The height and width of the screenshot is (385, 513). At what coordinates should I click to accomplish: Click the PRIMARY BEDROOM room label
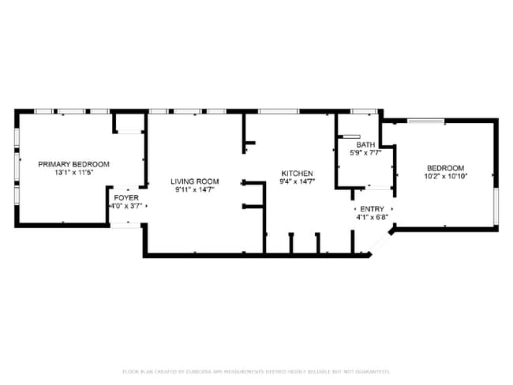click(73, 164)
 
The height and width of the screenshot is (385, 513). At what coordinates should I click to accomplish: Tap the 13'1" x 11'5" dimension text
click(73, 173)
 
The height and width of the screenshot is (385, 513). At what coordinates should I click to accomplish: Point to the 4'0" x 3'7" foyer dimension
click(126, 206)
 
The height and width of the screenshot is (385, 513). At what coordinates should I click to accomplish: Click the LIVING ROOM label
click(194, 181)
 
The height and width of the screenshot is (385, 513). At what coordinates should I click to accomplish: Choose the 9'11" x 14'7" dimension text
click(194, 190)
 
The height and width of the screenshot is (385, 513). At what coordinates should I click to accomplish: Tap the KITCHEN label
click(298, 174)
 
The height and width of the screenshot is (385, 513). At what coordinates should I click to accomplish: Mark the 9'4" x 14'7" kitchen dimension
click(298, 182)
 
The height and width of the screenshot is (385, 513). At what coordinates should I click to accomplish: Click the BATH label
click(365, 144)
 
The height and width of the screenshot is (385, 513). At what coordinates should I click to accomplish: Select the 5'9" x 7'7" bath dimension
click(365, 153)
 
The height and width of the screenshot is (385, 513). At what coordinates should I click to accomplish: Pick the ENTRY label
click(372, 208)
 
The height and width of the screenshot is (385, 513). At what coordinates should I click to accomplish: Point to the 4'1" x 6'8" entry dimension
click(372, 217)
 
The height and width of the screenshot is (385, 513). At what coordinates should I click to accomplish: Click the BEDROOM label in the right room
click(445, 168)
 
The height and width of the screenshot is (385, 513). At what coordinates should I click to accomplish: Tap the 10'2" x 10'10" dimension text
click(445, 177)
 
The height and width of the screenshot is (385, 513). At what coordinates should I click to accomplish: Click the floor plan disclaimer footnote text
click(256, 371)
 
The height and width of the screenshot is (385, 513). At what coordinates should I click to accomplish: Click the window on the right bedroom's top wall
click(425, 120)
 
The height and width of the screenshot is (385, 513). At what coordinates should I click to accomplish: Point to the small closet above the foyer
click(129, 122)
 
